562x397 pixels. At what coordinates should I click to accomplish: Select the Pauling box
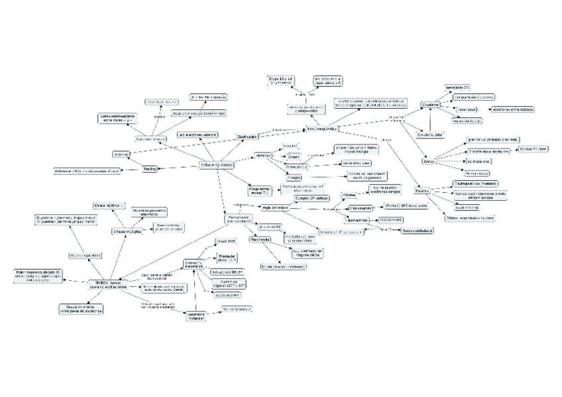point(150,170)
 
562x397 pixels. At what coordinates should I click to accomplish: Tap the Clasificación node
point(247,136)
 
